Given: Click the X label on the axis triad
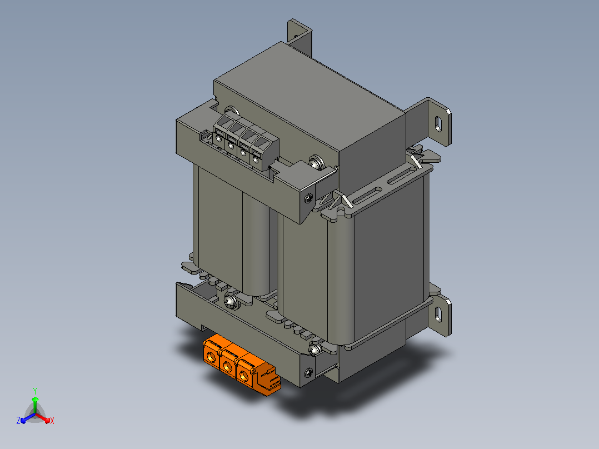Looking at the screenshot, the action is click(x=52, y=421).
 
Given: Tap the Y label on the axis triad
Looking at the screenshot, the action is click(x=35, y=391).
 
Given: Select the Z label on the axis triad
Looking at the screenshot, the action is click(x=18, y=420).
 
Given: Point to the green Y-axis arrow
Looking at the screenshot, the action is click(x=35, y=405).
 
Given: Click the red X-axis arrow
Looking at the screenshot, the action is click(x=43, y=418).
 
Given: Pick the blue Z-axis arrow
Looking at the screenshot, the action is click(x=28, y=418).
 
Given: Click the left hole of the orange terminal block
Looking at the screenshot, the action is click(x=211, y=357).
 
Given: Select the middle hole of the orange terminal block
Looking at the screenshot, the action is click(x=227, y=367).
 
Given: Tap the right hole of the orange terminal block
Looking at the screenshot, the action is click(x=244, y=376).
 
